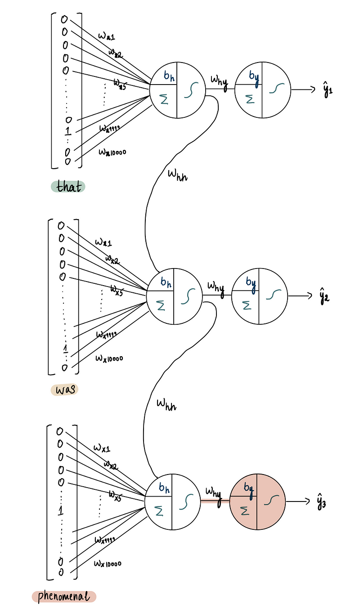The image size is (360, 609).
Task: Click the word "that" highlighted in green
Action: (x=68, y=186)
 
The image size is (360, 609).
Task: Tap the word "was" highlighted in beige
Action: (x=64, y=389)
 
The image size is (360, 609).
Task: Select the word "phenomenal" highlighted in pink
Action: (x=63, y=596)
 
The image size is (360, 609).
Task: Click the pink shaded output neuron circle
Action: (x=257, y=502)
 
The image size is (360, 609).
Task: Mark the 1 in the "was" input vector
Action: (x=66, y=349)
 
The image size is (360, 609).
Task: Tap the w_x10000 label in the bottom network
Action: (x=108, y=563)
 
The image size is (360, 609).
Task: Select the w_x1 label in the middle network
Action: (x=103, y=243)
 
